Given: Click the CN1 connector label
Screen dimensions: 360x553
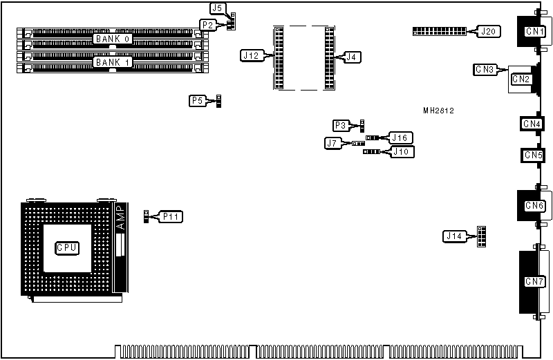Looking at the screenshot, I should click(x=533, y=31).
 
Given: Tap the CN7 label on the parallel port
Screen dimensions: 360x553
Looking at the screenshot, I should click(x=533, y=281).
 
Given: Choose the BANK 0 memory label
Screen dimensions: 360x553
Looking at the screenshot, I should click(x=112, y=39).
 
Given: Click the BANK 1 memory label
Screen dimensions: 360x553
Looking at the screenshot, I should click(x=112, y=62).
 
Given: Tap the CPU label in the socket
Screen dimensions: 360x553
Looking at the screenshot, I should click(x=67, y=247).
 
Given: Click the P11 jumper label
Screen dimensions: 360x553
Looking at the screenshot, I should click(x=173, y=217).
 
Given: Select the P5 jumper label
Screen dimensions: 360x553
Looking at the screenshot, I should click(x=197, y=101).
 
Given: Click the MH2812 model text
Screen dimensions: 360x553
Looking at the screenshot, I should click(x=439, y=111).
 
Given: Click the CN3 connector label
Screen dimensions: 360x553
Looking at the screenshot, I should click(x=485, y=69).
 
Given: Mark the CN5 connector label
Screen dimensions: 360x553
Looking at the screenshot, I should click(x=532, y=155).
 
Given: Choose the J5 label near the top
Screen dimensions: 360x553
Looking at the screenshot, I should click(x=217, y=8).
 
